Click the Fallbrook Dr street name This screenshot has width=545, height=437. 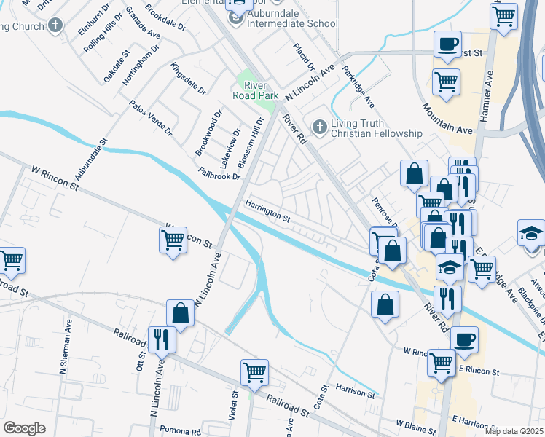click(219, 175)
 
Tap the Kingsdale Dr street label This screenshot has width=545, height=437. click(188, 79)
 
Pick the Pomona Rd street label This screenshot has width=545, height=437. click(181, 432)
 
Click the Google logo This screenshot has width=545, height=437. click(24, 428)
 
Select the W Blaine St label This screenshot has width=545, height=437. click(415, 422)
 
